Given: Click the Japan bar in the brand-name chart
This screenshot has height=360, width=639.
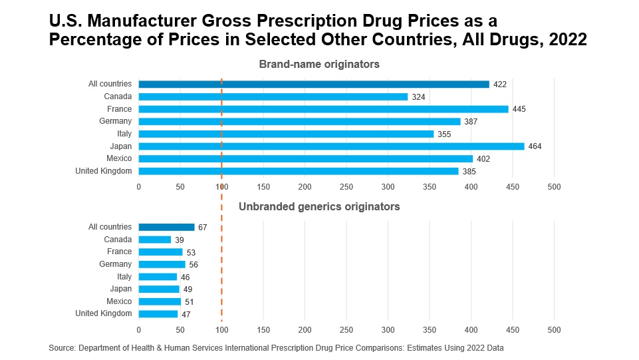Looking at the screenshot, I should tap(331, 146).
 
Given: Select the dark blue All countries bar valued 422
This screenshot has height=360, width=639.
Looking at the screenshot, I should tap(314, 85).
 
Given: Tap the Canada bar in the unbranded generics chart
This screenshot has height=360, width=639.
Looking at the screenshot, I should tap(155, 240).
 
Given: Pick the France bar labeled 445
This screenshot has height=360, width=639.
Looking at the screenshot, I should tap(323, 109).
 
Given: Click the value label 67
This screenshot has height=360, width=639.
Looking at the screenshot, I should tap(203, 228).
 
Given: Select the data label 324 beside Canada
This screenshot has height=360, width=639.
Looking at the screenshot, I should tap(418, 97).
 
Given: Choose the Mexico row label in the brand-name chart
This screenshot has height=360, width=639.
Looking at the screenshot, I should tap(119, 158).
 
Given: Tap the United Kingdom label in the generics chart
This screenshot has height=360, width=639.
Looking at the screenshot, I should tap(104, 313).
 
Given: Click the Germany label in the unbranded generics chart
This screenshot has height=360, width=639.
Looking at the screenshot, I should tap(116, 264).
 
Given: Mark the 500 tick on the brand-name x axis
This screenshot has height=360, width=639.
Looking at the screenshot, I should tap(554, 187).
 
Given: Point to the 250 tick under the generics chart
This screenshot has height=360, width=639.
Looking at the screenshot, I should tap(346, 330).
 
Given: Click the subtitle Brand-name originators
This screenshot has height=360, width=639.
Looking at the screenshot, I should tap(319, 65).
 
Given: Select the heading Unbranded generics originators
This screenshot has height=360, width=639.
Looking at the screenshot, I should tap(319, 207).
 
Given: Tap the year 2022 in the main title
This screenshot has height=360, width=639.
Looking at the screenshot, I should tap(567, 39).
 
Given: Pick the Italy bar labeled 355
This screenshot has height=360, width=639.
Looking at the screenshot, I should tap(286, 134).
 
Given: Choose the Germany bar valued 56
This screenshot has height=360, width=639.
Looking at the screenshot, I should tap(162, 264).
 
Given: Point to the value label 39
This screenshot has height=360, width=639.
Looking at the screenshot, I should tap(180, 240).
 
